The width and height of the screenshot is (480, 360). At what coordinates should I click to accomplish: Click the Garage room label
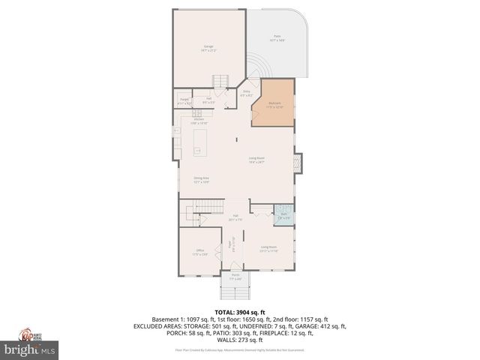(x=209, y=49)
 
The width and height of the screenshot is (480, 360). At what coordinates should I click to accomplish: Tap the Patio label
(x=277, y=39)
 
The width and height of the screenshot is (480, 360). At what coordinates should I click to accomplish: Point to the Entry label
(x=246, y=93)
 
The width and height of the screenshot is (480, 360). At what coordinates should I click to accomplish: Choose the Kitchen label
(x=199, y=121)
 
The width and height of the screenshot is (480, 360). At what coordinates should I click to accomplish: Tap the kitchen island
(x=199, y=141)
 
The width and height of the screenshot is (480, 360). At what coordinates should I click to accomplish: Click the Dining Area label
(x=201, y=179)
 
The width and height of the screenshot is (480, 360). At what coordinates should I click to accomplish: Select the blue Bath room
(x=284, y=214)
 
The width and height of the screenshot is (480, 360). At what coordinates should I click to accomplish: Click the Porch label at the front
(x=235, y=277)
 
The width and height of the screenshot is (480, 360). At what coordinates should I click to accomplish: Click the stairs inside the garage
(x=220, y=81)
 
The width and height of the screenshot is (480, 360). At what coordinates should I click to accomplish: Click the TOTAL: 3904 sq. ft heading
(x=240, y=312)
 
